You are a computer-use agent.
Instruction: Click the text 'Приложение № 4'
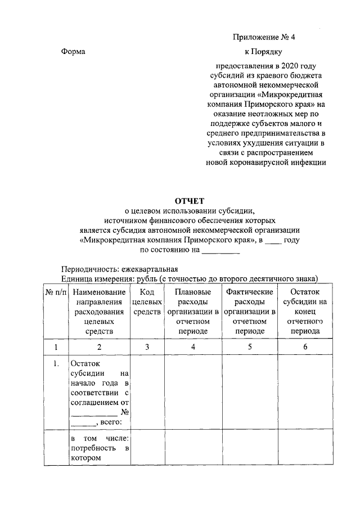(264, 38)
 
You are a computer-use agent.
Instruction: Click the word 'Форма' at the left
(73, 52)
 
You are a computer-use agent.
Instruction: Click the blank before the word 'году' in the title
(273, 240)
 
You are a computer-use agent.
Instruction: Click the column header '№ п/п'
(56, 292)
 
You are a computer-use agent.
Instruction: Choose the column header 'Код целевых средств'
(147, 302)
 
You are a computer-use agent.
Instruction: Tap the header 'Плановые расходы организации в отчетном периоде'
(193, 312)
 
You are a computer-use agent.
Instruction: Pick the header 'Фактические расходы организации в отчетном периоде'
(249, 312)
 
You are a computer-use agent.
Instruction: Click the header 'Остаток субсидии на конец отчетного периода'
(305, 312)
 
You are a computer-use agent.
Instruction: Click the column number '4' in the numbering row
(193, 347)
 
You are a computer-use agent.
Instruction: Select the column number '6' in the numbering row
(305, 347)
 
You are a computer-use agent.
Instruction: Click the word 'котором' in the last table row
(85, 458)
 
